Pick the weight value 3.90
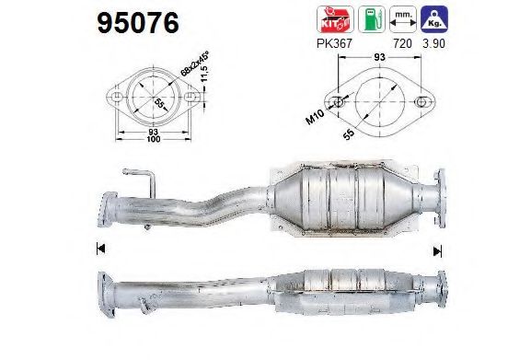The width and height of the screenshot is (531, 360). pos(433,43)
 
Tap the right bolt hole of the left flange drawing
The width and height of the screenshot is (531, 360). pos(189,99)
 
